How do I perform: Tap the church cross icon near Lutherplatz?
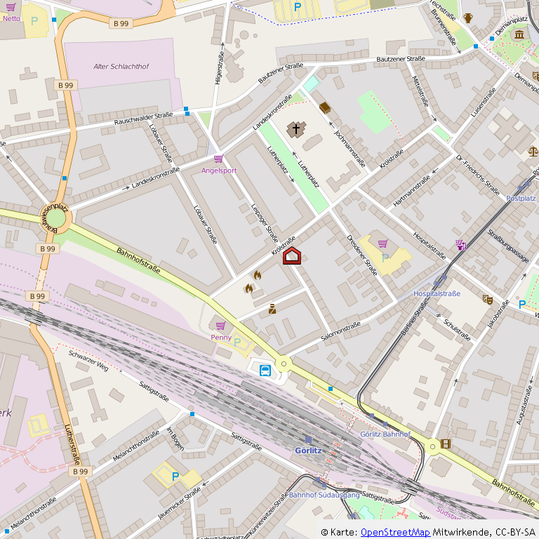click(296, 129)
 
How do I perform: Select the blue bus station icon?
click(265, 371)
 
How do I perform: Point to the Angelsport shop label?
click(219, 171)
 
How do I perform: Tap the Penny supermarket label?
click(221, 337)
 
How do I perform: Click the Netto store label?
click(11, 18)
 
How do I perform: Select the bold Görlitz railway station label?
click(308, 450)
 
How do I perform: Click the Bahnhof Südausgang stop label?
click(324, 495)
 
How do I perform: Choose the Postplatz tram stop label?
click(521, 199)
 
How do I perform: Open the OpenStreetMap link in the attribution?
click(395, 533)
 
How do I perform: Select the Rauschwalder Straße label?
click(144, 119)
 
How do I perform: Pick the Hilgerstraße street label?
click(220, 68)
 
